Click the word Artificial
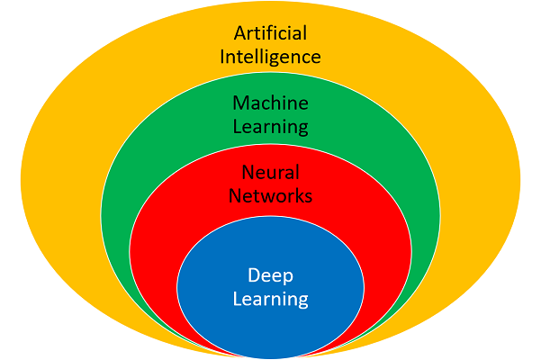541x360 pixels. (270, 33)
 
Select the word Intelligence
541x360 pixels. (270, 57)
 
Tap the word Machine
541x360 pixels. (270, 103)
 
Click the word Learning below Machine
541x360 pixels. (270, 127)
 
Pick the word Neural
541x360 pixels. (270, 171)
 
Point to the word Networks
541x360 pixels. (270, 194)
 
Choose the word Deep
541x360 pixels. (270, 274)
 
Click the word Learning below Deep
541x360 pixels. (270, 298)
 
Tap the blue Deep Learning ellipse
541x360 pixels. (270, 324)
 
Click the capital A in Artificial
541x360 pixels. (240, 33)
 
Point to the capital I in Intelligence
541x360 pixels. (221, 56)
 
